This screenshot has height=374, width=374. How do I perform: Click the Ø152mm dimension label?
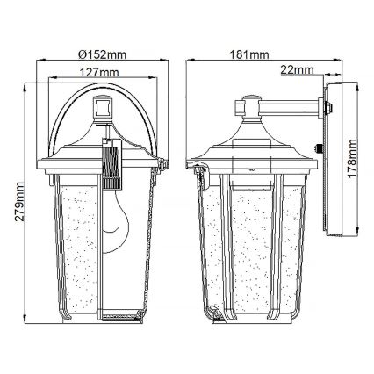point(104,55)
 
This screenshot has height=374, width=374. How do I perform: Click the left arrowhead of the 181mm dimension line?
point(189,62)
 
